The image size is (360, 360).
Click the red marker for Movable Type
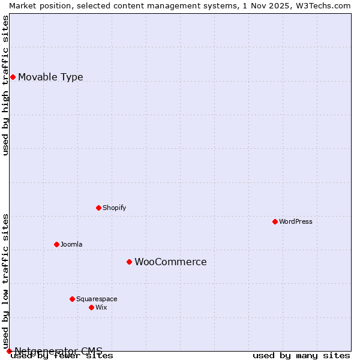[13, 77]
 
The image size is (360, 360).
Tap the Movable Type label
[50, 77]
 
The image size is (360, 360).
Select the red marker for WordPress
[275, 221]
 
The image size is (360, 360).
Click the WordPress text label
[295, 221]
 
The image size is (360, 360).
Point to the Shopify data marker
[98, 208]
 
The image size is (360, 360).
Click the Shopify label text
[114, 208]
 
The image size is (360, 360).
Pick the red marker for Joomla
[56, 244]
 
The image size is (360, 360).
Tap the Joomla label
[71, 244]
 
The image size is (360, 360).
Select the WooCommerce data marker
[129, 262]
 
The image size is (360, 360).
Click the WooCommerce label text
[170, 262]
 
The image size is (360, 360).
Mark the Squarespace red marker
[72, 299]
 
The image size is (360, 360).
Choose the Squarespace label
[97, 299]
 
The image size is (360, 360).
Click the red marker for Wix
[91, 307]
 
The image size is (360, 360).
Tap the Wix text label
[101, 307]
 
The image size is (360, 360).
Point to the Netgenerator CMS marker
[9, 351]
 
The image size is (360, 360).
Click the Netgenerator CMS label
[58, 351]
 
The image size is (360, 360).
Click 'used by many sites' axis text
[301, 356]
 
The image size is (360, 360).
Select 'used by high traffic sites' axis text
[6, 85]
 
